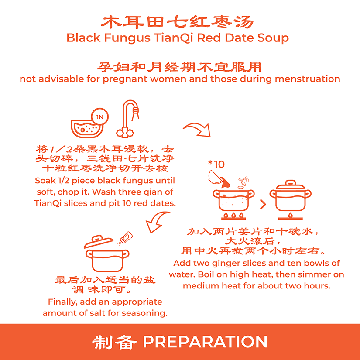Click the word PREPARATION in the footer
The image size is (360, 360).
point(205,342)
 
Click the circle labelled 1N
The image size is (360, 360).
point(99,117)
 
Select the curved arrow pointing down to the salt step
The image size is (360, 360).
point(156,222)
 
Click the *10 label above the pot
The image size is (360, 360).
point(216,165)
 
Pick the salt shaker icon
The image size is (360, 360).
point(125,238)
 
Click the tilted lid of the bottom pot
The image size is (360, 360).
point(98,242)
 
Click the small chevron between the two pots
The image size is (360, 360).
point(263,204)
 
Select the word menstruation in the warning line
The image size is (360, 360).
point(308,79)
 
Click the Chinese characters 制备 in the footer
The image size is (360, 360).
point(114,342)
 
